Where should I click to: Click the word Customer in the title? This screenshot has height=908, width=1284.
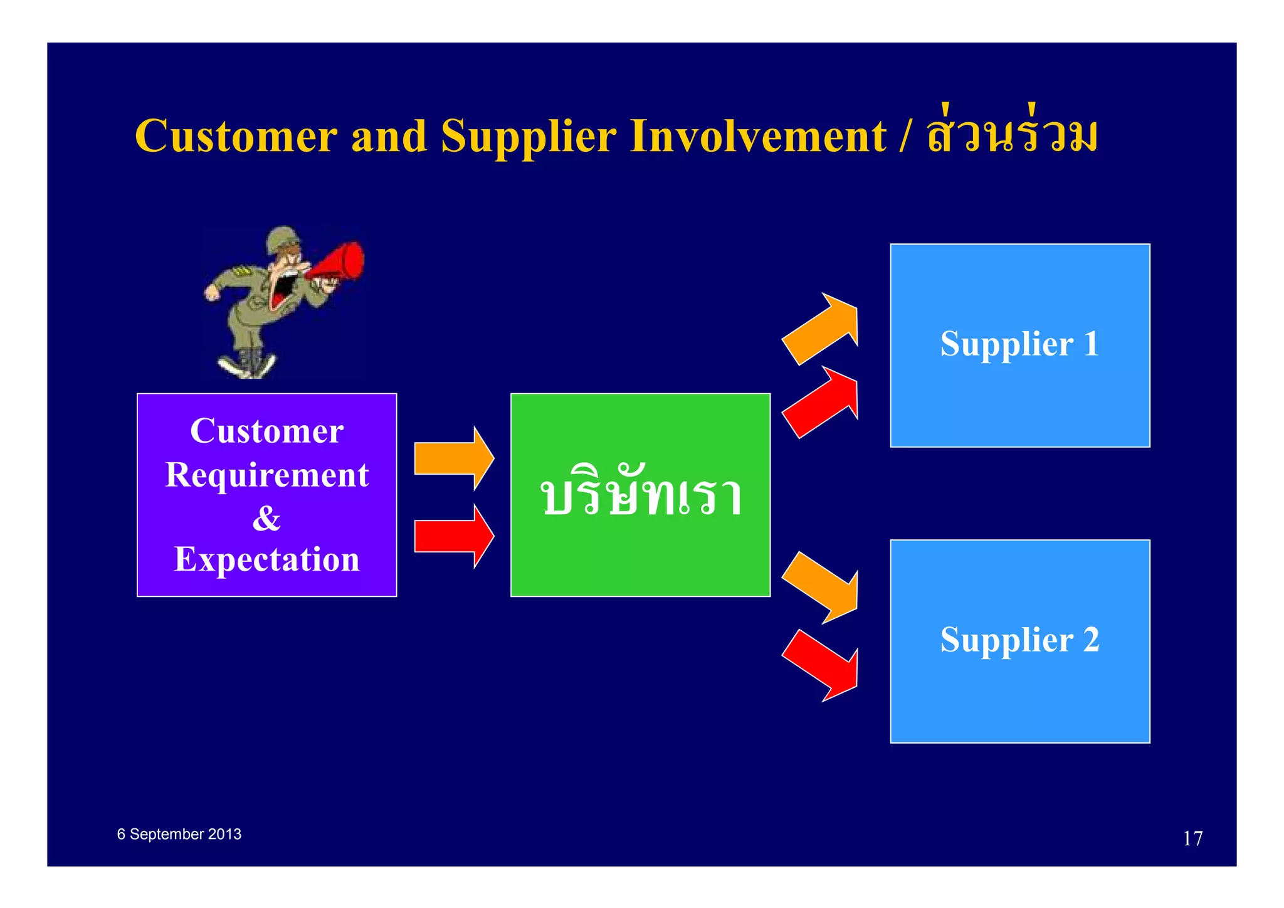click(x=236, y=136)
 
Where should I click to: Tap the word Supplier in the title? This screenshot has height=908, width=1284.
click(x=529, y=136)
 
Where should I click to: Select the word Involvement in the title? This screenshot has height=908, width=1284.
click(x=758, y=136)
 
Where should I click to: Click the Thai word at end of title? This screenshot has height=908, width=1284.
click(x=1012, y=135)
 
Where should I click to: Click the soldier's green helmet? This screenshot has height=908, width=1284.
click(x=282, y=240)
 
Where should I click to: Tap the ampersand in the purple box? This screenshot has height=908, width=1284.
click(x=266, y=518)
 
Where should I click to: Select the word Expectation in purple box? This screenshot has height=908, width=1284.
click(x=266, y=559)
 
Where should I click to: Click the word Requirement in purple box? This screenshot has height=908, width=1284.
click(x=266, y=475)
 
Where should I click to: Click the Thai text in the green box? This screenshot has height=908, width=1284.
click(x=641, y=495)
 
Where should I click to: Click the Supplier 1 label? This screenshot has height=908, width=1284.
click(x=1019, y=344)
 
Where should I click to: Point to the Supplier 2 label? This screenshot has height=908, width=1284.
click(x=1019, y=640)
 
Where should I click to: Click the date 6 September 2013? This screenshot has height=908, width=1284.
click(x=179, y=834)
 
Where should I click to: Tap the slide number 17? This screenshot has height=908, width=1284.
click(x=1192, y=838)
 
